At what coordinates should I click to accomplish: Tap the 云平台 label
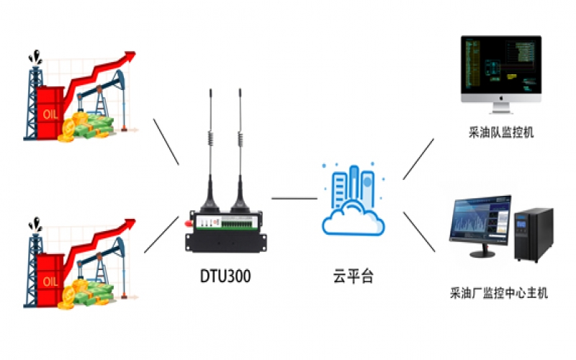pos(354,276)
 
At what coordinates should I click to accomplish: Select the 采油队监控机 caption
pos(500,133)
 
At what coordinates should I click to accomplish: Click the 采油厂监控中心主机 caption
pos(499,293)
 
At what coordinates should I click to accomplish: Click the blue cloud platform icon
pos(354,202)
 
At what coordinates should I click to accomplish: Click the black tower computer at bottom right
pos(534,234)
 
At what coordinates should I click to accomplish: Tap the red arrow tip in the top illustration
pos(130,55)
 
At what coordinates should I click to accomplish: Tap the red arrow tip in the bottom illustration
pos(130,221)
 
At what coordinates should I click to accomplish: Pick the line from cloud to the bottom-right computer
pos(419,232)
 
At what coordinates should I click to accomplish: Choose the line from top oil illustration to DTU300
pos(166,141)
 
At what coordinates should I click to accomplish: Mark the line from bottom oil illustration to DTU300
pos(161,235)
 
